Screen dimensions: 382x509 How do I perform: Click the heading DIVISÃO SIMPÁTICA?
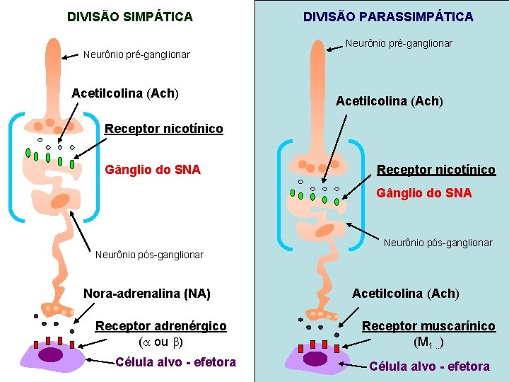(129, 16)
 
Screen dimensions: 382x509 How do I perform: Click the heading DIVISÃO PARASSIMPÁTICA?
(388, 16)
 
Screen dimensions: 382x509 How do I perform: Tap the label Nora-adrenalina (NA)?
(147, 293)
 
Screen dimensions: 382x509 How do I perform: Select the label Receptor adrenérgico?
(161, 326)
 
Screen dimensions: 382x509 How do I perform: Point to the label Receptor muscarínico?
(429, 326)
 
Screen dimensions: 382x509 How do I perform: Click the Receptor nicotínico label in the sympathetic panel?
(163, 129)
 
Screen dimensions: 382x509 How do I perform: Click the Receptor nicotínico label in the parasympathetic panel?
(435, 170)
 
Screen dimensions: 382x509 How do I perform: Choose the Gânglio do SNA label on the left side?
(153, 170)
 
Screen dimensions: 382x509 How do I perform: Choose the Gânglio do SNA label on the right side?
(424, 192)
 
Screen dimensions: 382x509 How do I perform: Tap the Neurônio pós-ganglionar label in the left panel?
(149, 255)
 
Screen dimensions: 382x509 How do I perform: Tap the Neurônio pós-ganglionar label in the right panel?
(438, 243)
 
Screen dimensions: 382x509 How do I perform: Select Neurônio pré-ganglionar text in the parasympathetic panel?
(399, 43)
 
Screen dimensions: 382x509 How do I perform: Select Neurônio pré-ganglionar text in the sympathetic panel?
(136, 54)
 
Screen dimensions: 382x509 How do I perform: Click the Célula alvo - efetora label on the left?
(175, 362)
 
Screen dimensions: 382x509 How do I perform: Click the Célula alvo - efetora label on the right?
(429, 366)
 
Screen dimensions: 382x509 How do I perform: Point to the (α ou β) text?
(160, 342)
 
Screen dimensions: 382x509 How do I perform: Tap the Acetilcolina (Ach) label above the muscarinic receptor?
(406, 293)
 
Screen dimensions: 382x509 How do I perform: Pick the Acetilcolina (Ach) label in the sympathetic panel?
(125, 93)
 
